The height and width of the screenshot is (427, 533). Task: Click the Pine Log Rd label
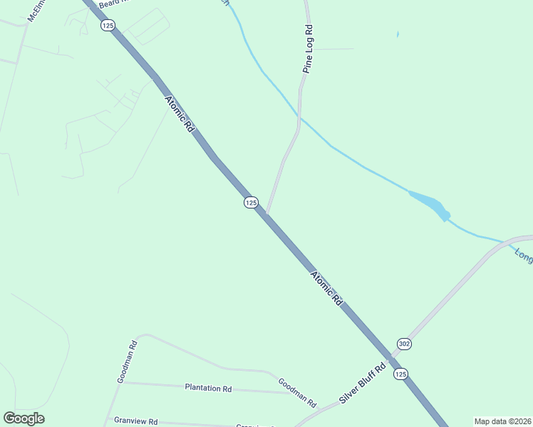point(309,50)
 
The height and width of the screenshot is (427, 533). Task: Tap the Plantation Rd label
point(208,389)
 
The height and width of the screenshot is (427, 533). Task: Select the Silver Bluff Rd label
point(362,384)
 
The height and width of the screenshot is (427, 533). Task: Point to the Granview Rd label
point(135,421)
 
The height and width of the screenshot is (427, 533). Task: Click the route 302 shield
point(404,344)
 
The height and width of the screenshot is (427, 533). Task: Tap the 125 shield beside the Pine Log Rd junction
point(250,203)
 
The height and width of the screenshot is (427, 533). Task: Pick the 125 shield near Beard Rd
point(107,26)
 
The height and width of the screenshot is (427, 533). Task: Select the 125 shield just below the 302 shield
point(400,374)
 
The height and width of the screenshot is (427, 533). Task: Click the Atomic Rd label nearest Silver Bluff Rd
point(326,288)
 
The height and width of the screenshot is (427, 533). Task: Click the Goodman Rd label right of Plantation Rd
point(297,392)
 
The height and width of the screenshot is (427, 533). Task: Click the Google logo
point(24,418)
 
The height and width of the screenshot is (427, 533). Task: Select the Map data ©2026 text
point(502,421)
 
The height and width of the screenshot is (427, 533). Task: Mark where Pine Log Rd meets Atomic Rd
point(266,213)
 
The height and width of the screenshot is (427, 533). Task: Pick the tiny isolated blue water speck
point(397,33)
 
